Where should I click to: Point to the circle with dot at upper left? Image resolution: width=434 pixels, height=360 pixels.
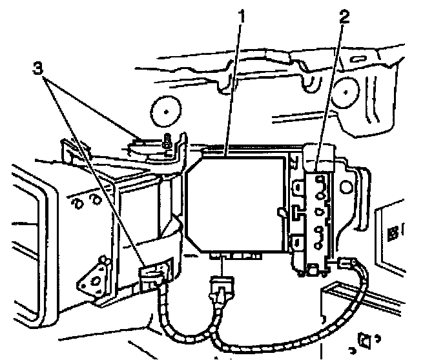click(x=166, y=111)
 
